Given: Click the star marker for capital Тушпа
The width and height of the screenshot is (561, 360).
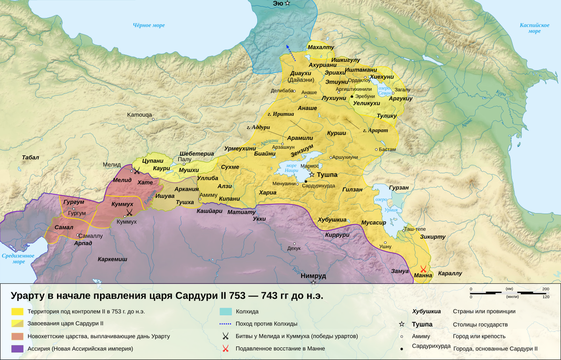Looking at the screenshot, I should [x=312, y=174].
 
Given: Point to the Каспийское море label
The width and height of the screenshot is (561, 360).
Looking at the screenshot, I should [x=534, y=28].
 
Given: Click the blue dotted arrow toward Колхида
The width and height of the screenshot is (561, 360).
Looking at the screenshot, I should [x=291, y=53].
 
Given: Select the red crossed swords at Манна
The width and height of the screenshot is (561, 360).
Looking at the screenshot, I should [x=424, y=269].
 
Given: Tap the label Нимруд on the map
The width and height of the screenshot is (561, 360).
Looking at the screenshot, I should [x=313, y=276].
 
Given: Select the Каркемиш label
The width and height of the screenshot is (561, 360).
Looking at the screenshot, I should [x=112, y=259].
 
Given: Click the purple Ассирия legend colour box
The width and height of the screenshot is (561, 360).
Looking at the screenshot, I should [x=18, y=348].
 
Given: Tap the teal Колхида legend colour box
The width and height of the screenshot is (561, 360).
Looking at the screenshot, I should [x=226, y=311].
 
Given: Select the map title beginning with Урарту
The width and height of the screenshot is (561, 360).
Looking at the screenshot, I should [x=167, y=296].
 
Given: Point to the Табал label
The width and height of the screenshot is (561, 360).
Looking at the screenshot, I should [x=30, y=158].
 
